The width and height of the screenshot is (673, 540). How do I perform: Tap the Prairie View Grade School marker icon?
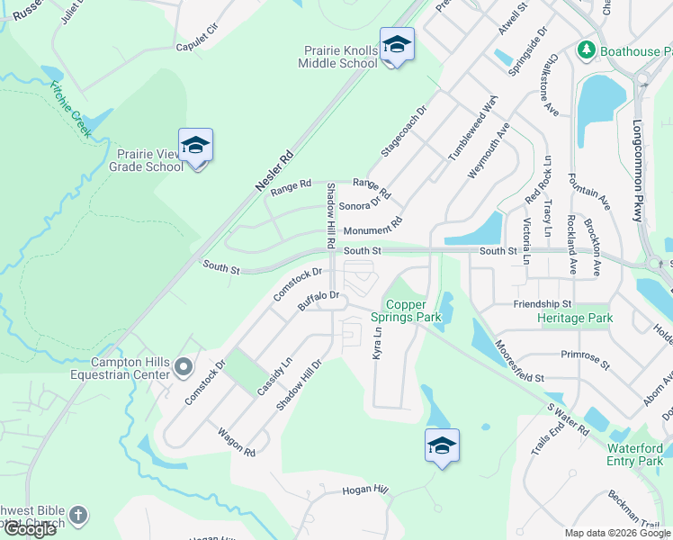[x=195, y=146]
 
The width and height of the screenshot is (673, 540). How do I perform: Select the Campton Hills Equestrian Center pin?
[x=184, y=366]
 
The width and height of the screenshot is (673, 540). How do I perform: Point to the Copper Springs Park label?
[x=416, y=311]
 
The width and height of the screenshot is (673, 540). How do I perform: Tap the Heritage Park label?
[x=575, y=319]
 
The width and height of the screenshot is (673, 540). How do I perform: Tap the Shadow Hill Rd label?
[x=331, y=215]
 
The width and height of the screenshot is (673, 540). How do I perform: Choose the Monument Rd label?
[x=372, y=229]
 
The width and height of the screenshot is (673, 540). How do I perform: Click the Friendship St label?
[x=543, y=304]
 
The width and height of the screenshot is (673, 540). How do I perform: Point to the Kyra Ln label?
[x=378, y=344]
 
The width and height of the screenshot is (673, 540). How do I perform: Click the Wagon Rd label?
[x=237, y=440]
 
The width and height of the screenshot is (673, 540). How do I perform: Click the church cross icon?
[x=78, y=516]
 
